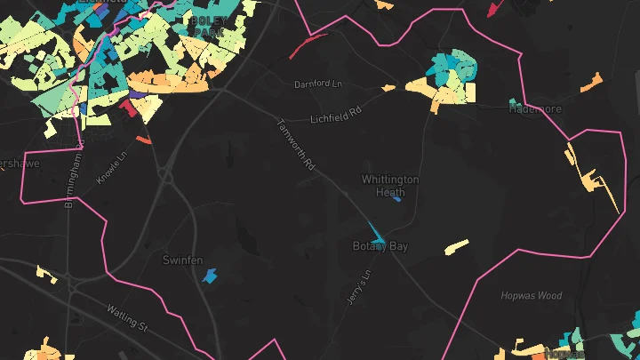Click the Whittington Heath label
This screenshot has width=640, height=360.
pos(389,185)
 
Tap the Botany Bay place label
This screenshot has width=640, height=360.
pos(380,246)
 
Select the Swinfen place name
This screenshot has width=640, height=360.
pos(183,260)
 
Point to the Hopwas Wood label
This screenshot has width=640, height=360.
pos(532,296)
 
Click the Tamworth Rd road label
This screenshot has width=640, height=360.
pos(297,145)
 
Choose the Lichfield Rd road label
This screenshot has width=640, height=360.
pos(337,116)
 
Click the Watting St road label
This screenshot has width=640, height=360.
pos(127,317)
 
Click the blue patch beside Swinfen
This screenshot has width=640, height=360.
pos(210,276)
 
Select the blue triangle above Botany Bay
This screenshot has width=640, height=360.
pos(377,234)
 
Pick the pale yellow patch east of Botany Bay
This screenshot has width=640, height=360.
pos(457,246)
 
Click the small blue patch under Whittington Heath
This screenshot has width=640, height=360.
pos(396,199)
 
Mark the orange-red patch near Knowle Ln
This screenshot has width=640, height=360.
pos(144,140)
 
